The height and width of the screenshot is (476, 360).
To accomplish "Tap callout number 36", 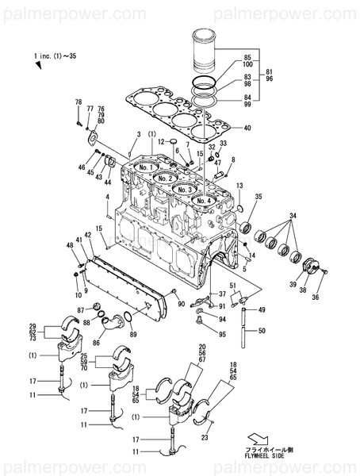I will click(316, 297).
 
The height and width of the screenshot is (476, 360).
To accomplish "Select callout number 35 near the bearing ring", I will click(259, 197).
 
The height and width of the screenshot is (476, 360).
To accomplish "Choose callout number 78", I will click(78, 102).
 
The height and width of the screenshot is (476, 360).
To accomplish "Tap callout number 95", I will click(223, 334).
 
